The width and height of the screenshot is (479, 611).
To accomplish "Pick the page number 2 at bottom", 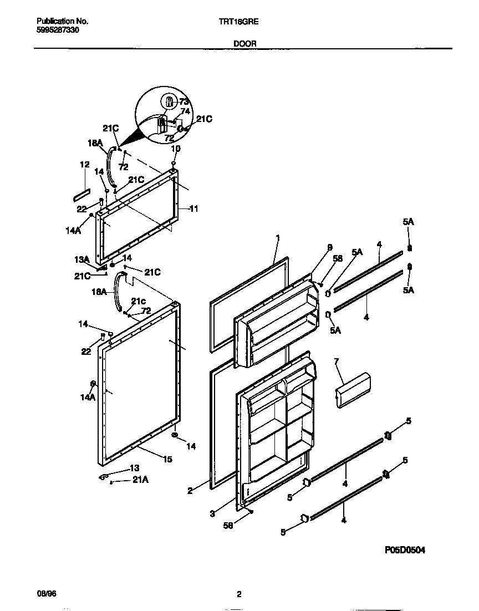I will coord(239,595).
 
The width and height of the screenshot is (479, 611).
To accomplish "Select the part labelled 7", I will coord(353,390).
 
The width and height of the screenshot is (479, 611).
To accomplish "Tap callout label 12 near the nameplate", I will coord(84,165).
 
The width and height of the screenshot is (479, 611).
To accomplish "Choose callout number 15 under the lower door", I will coord(167,459).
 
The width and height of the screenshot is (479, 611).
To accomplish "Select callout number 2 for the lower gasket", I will coord(190,490).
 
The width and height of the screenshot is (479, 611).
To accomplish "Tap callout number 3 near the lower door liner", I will coord(212,514).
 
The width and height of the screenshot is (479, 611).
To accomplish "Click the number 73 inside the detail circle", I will coord(184,101).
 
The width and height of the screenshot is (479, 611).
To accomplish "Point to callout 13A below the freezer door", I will coord(82,259).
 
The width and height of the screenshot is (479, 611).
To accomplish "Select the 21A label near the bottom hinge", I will coord(140,480).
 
